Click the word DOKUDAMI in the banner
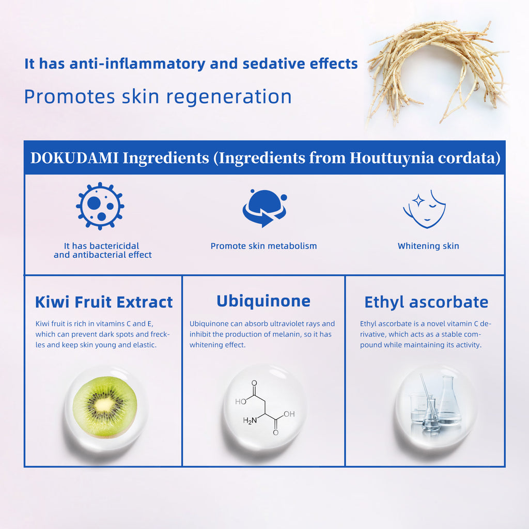pos(74,158)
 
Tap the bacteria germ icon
pos(100,206)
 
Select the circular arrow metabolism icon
pos(264,208)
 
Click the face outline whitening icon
pos(425,209)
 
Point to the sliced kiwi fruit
pos(105,407)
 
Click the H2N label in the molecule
pos(250,421)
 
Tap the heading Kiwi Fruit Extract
pos(104,302)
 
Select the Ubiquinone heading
pos(263,301)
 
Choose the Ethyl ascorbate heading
pos(426,302)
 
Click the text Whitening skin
pos(428,246)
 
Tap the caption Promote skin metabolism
pos(263,246)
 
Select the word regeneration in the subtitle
pos(229,97)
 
